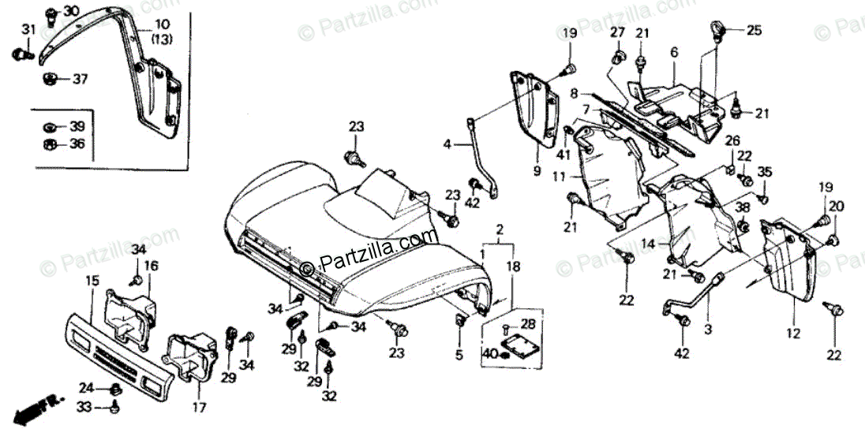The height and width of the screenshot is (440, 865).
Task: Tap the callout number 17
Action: click(199, 408)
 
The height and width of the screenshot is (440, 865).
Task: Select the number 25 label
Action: click(755, 32)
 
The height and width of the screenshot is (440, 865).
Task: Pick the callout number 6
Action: click(674, 53)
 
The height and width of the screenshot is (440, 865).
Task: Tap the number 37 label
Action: click(81, 79)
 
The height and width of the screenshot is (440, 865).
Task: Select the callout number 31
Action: click(28, 30)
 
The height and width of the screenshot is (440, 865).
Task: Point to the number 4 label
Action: click(447, 145)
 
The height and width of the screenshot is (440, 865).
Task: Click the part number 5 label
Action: click(459, 356)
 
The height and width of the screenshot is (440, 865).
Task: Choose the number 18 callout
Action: click(514, 267)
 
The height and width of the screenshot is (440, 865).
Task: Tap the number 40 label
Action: click(490, 354)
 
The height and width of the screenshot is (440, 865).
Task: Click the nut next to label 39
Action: click(50, 126)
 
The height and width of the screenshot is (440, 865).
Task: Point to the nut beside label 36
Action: click(50, 144)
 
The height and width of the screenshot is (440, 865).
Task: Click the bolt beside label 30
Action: click(50, 13)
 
